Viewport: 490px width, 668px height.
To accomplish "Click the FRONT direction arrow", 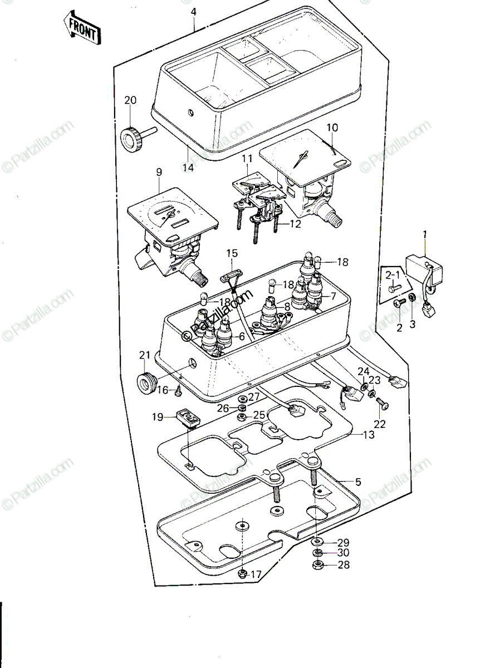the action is tap(82, 28).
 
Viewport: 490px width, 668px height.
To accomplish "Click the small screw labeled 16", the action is tap(179, 391).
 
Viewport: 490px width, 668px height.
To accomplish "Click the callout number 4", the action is tap(194, 13).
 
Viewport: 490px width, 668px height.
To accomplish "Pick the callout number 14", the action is tap(188, 168).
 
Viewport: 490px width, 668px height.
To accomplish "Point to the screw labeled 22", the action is tap(383, 403).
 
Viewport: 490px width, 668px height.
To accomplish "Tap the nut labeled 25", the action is tap(242, 416).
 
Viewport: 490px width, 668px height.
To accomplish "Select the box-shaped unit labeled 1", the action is tap(424, 271).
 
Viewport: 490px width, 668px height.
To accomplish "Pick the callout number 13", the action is tap(369, 435).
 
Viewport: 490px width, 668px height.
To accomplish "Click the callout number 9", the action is tap(159, 172).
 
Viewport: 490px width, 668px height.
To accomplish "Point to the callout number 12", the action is tap(295, 224).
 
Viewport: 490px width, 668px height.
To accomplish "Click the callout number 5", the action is tap(358, 482).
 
